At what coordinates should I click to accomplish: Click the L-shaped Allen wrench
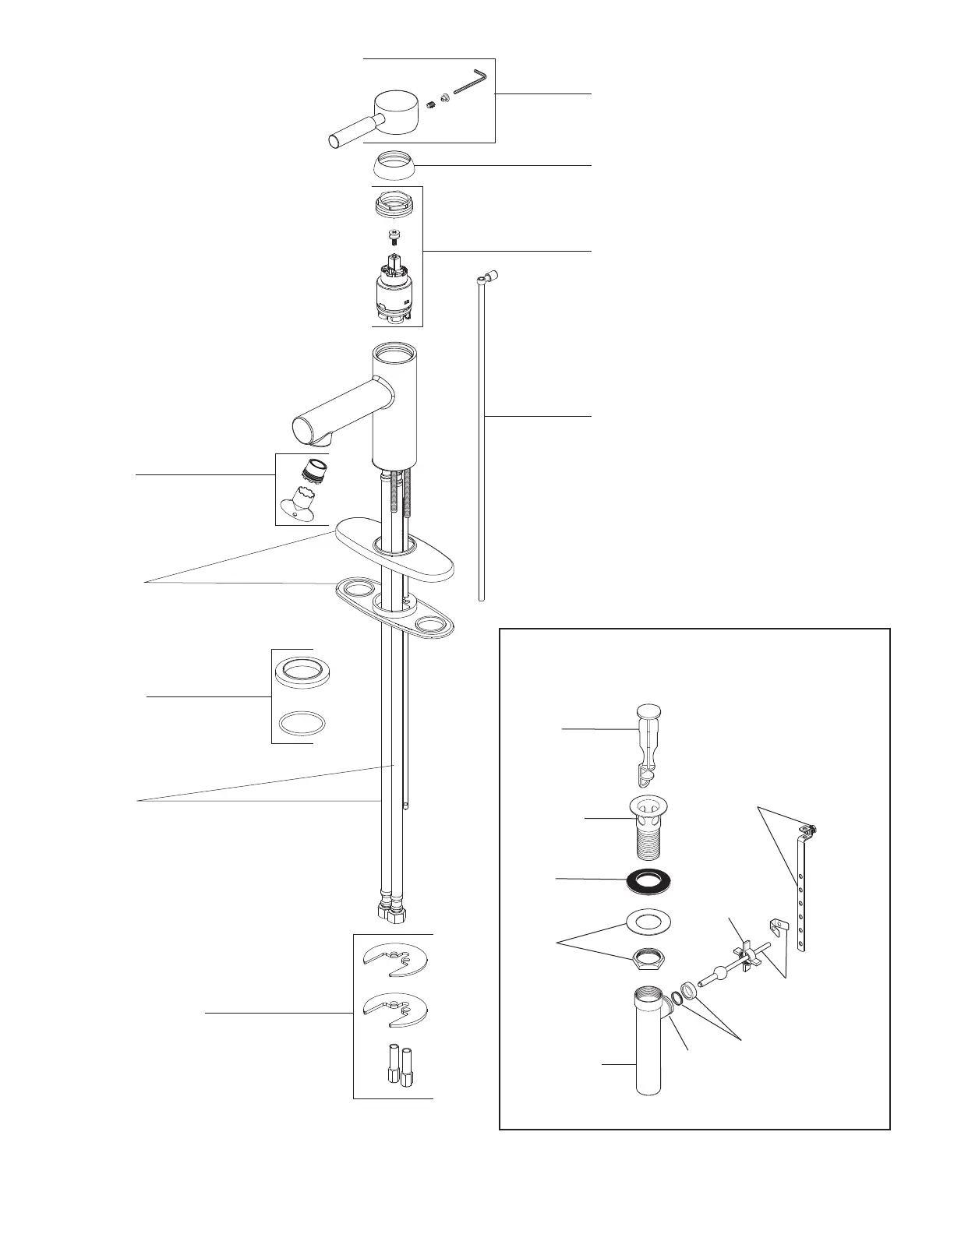(x=469, y=83)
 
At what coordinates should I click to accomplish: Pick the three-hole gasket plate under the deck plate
(x=394, y=608)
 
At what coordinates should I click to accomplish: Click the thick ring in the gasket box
(x=300, y=671)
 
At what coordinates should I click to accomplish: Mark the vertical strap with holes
(x=800, y=896)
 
